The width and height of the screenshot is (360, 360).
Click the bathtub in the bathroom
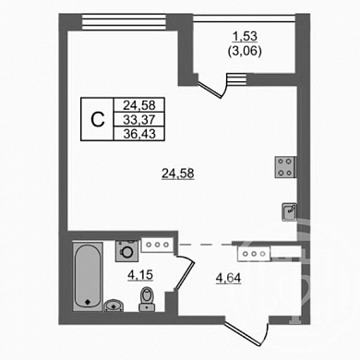(88, 277)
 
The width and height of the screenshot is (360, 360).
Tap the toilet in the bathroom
(147, 299)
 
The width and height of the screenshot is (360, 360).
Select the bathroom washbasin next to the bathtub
(114, 306)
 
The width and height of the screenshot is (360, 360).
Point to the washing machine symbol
(126, 251)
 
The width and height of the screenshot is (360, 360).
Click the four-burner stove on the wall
(285, 167)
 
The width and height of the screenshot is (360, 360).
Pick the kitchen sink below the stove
(290, 211)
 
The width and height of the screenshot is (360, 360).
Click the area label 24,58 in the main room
(178, 174)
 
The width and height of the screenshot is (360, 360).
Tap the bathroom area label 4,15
(140, 275)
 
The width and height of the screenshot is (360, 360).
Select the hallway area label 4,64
(228, 279)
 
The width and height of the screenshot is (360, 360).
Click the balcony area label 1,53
(245, 37)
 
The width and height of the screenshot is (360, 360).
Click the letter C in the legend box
(98, 119)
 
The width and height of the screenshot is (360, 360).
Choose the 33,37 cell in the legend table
(139, 119)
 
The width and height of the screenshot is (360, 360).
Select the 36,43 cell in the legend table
(139, 134)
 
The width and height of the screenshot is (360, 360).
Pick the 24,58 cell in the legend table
(139, 105)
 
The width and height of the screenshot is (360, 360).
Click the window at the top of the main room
(124, 22)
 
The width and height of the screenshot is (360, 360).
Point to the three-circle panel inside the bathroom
(157, 245)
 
